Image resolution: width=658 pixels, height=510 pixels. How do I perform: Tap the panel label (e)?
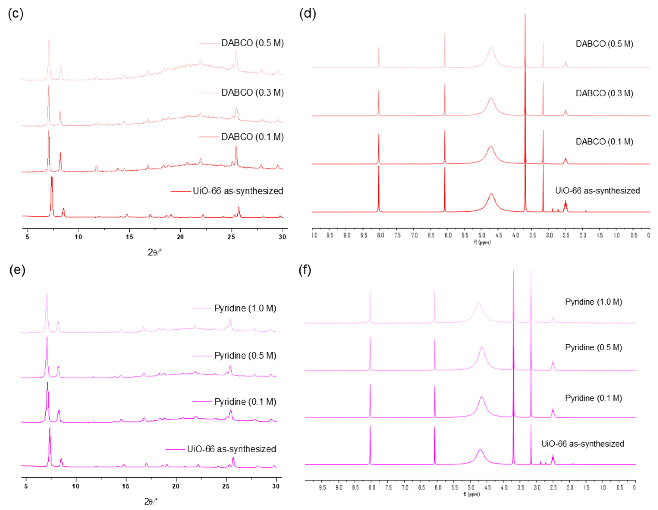tap(17, 270)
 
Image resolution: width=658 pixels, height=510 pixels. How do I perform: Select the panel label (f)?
tap(305, 270)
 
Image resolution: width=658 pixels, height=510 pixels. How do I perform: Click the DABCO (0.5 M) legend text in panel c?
tap(253, 43)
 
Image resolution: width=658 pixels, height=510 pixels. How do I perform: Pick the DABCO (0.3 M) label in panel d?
tap(604, 93)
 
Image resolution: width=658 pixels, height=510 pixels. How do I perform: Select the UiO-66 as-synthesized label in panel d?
tap(597, 190)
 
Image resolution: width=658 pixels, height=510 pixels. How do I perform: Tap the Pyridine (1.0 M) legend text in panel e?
tap(245, 308)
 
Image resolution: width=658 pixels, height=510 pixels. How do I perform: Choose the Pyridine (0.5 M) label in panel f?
tap(593, 347)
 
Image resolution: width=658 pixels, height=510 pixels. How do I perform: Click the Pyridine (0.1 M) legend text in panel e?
tap(245, 401)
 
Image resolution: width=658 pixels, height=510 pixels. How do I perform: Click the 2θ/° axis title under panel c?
tap(155, 252)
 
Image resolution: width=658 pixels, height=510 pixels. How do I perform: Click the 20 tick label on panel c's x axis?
tap(180, 237)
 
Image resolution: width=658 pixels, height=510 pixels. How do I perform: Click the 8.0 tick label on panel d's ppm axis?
tap(380, 235)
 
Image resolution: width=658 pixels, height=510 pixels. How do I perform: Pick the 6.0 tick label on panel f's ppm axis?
tap(438, 487)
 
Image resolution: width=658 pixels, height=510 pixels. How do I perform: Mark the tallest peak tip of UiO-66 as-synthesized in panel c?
tap(52, 178)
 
